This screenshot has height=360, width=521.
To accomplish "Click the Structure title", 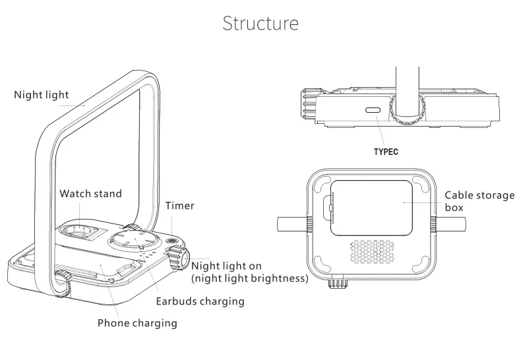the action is [x=260, y=23].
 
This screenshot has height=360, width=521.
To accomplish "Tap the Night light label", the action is [x=41, y=95].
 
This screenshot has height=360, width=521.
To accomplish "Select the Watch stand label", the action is [x=90, y=194].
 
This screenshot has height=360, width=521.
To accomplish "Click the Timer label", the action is [x=180, y=206].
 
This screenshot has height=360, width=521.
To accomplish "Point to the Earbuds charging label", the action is [x=200, y=301].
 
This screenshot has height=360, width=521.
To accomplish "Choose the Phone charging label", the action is [x=137, y=323].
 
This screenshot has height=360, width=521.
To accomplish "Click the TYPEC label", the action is [x=386, y=152].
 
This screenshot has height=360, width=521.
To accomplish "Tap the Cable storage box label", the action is [x=479, y=201].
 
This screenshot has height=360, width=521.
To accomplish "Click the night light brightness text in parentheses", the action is [x=250, y=278].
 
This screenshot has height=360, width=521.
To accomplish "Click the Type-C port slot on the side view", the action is [x=373, y=110].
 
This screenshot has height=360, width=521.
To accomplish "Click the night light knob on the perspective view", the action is [x=178, y=258].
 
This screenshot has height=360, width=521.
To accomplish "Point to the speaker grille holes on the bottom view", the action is [x=372, y=252].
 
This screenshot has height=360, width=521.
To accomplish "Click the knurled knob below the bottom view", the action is [x=338, y=282].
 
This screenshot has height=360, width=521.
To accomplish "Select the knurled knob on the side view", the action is [x=308, y=104].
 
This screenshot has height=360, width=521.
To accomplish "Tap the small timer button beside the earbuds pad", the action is [x=171, y=241].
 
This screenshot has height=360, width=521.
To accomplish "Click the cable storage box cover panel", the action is [x=371, y=208].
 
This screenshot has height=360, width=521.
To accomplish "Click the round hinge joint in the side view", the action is [x=408, y=109].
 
